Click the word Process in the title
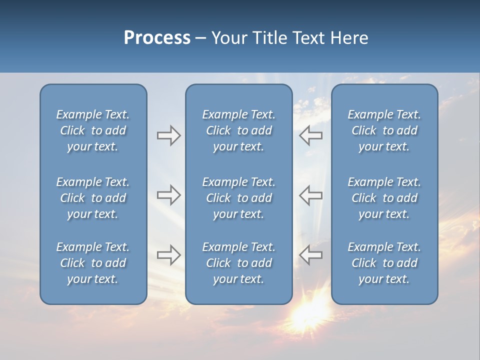(x=157, y=38)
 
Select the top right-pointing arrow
(x=168, y=135)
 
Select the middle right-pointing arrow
(x=168, y=195)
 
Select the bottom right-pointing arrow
(x=168, y=255)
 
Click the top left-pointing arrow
(x=311, y=135)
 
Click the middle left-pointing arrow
(x=311, y=195)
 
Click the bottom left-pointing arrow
(x=311, y=255)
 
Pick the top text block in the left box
(x=93, y=130)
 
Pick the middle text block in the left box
(x=93, y=198)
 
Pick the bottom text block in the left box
(x=93, y=263)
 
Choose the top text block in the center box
(x=238, y=130)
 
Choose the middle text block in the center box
(x=238, y=198)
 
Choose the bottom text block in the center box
(x=238, y=263)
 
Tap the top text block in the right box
(x=384, y=130)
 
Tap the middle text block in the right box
(x=384, y=198)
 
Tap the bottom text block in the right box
(x=384, y=263)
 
